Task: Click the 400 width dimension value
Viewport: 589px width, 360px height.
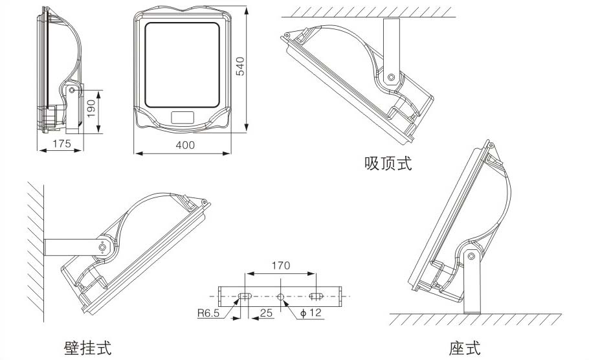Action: (x=184, y=145)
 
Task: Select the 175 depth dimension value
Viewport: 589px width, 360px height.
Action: (x=61, y=144)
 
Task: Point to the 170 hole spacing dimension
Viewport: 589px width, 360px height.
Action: (x=280, y=265)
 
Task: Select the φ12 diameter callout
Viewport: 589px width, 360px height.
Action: (x=312, y=314)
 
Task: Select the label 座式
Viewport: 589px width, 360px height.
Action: (x=465, y=347)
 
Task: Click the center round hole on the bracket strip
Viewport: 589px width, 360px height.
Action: (x=280, y=297)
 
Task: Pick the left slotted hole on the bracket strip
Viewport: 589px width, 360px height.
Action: (x=245, y=297)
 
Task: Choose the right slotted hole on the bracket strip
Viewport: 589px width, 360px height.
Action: (x=316, y=297)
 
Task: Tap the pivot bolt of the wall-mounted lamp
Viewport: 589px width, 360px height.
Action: (x=102, y=247)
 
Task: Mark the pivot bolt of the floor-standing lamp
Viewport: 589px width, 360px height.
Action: (x=474, y=257)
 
